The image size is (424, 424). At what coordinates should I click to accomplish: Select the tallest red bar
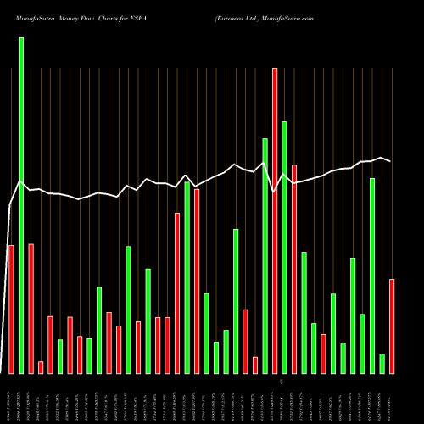(x=275, y=220)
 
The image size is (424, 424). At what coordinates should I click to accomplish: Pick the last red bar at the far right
(x=392, y=326)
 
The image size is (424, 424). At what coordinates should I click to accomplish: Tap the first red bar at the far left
(x=11, y=309)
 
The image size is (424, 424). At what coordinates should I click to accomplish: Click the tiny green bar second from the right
(x=382, y=363)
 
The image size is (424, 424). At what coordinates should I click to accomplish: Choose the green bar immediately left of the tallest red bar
(x=265, y=255)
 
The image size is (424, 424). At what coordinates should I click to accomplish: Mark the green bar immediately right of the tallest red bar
(x=285, y=247)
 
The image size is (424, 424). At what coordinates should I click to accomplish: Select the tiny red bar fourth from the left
(x=41, y=367)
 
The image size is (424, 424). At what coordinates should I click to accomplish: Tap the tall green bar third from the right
(x=372, y=276)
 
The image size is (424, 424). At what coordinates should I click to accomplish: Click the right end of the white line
(x=391, y=160)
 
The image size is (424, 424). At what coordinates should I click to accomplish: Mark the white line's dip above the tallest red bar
(x=275, y=192)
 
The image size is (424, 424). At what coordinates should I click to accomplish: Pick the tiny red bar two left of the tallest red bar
(x=255, y=365)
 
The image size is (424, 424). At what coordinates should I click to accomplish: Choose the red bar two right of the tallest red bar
(x=294, y=269)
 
